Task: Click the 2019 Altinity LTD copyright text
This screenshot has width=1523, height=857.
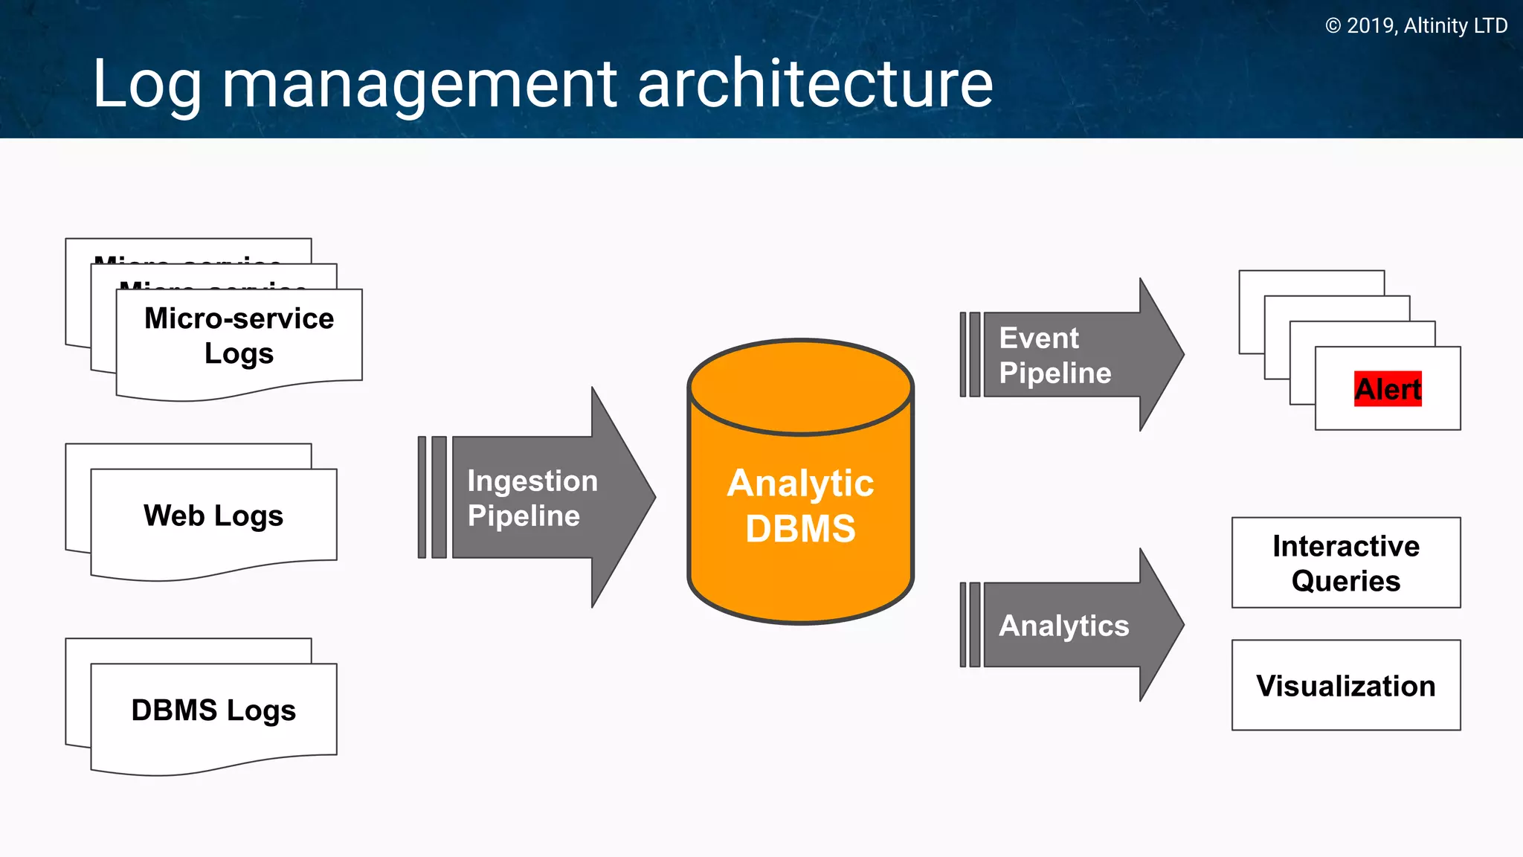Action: [x=1416, y=26]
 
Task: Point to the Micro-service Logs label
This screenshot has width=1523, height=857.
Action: [x=239, y=336]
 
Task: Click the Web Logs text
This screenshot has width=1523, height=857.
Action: [x=213, y=516]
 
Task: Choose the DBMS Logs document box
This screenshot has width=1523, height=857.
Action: [x=213, y=710]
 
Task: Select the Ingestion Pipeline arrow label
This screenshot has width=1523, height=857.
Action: [x=532, y=498]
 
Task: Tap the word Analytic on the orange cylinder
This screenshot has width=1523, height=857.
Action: [x=800, y=484]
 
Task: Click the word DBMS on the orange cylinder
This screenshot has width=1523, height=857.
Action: [x=800, y=529]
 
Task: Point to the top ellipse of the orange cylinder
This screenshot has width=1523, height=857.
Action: [x=800, y=387]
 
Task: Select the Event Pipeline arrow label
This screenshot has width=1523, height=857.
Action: [x=1054, y=355]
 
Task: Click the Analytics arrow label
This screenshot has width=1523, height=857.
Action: [x=1063, y=626]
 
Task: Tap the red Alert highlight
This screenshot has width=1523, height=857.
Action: [x=1388, y=389]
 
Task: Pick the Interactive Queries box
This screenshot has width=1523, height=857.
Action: [x=1345, y=563]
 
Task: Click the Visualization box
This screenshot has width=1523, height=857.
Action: [x=1345, y=685]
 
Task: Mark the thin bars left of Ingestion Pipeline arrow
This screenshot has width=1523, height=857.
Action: [x=432, y=497]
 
